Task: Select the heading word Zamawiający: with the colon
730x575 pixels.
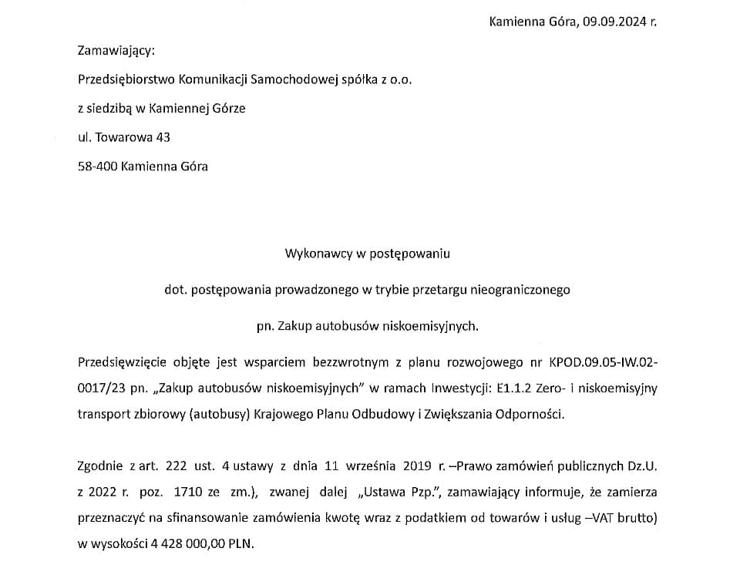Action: coord(116,52)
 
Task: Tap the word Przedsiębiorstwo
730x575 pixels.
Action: coord(126,79)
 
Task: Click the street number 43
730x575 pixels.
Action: coord(163,137)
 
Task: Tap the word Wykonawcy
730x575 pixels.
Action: coord(315,253)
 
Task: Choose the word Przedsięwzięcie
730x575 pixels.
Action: coord(119,362)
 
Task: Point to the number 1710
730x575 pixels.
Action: coord(189,491)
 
